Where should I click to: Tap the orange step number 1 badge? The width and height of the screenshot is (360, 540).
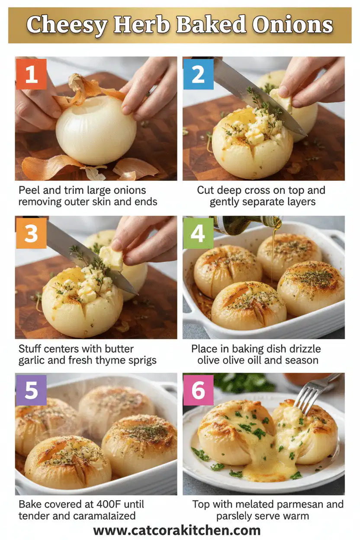[31, 74]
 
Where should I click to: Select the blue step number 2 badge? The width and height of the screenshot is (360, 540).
[198, 74]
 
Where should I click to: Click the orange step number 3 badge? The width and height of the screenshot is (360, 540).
[31, 233]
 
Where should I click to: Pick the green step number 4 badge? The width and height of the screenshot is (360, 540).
[198, 233]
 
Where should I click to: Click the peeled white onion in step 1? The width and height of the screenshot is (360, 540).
[96, 129]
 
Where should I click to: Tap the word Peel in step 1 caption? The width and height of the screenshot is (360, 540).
[28, 190]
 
